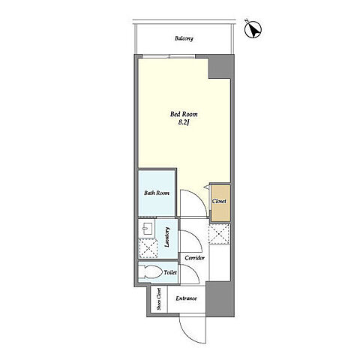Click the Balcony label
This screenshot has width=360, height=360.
tap(184, 38)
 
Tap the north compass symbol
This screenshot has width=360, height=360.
tap(253, 29)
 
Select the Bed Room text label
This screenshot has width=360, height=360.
tap(184, 114)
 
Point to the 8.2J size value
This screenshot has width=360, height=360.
tap(183, 123)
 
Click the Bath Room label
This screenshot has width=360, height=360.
tap(157, 193)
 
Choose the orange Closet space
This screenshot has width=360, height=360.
tap(220, 202)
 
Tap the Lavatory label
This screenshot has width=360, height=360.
tap(167, 237)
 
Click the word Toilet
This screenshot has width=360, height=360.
tap(170, 272)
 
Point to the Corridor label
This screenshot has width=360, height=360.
tap(195, 258)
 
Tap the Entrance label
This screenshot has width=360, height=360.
tap(186, 298)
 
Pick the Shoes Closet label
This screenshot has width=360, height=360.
tap(159, 299)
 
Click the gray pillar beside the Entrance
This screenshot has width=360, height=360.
tap(220, 299)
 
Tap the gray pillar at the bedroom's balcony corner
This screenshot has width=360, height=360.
tap(221, 67)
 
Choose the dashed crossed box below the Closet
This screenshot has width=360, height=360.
tap(219, 234)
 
